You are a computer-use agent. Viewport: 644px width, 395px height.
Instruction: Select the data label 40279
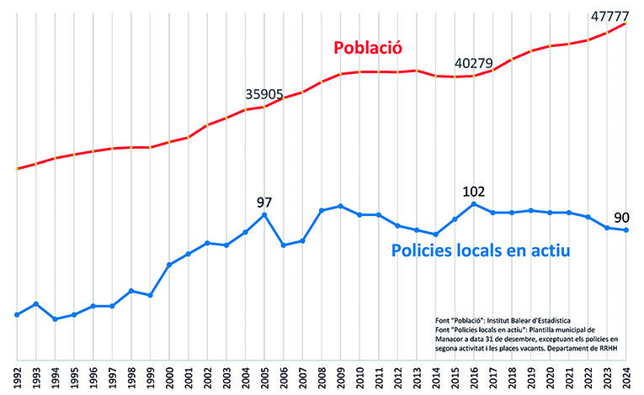[475, 63]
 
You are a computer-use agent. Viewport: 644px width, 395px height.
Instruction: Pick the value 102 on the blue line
[474, 190]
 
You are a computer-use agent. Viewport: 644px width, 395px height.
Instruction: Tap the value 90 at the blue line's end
[621, 218]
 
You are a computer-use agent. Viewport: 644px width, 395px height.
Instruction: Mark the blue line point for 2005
[264, 215]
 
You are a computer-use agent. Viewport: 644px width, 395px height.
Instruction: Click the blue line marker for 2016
[474, 203]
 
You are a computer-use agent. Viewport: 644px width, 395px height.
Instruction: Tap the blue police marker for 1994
[55, 319]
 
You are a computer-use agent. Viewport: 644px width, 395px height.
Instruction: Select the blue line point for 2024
[625, 230]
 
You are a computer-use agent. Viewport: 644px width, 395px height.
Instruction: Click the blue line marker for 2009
[340, 206]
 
